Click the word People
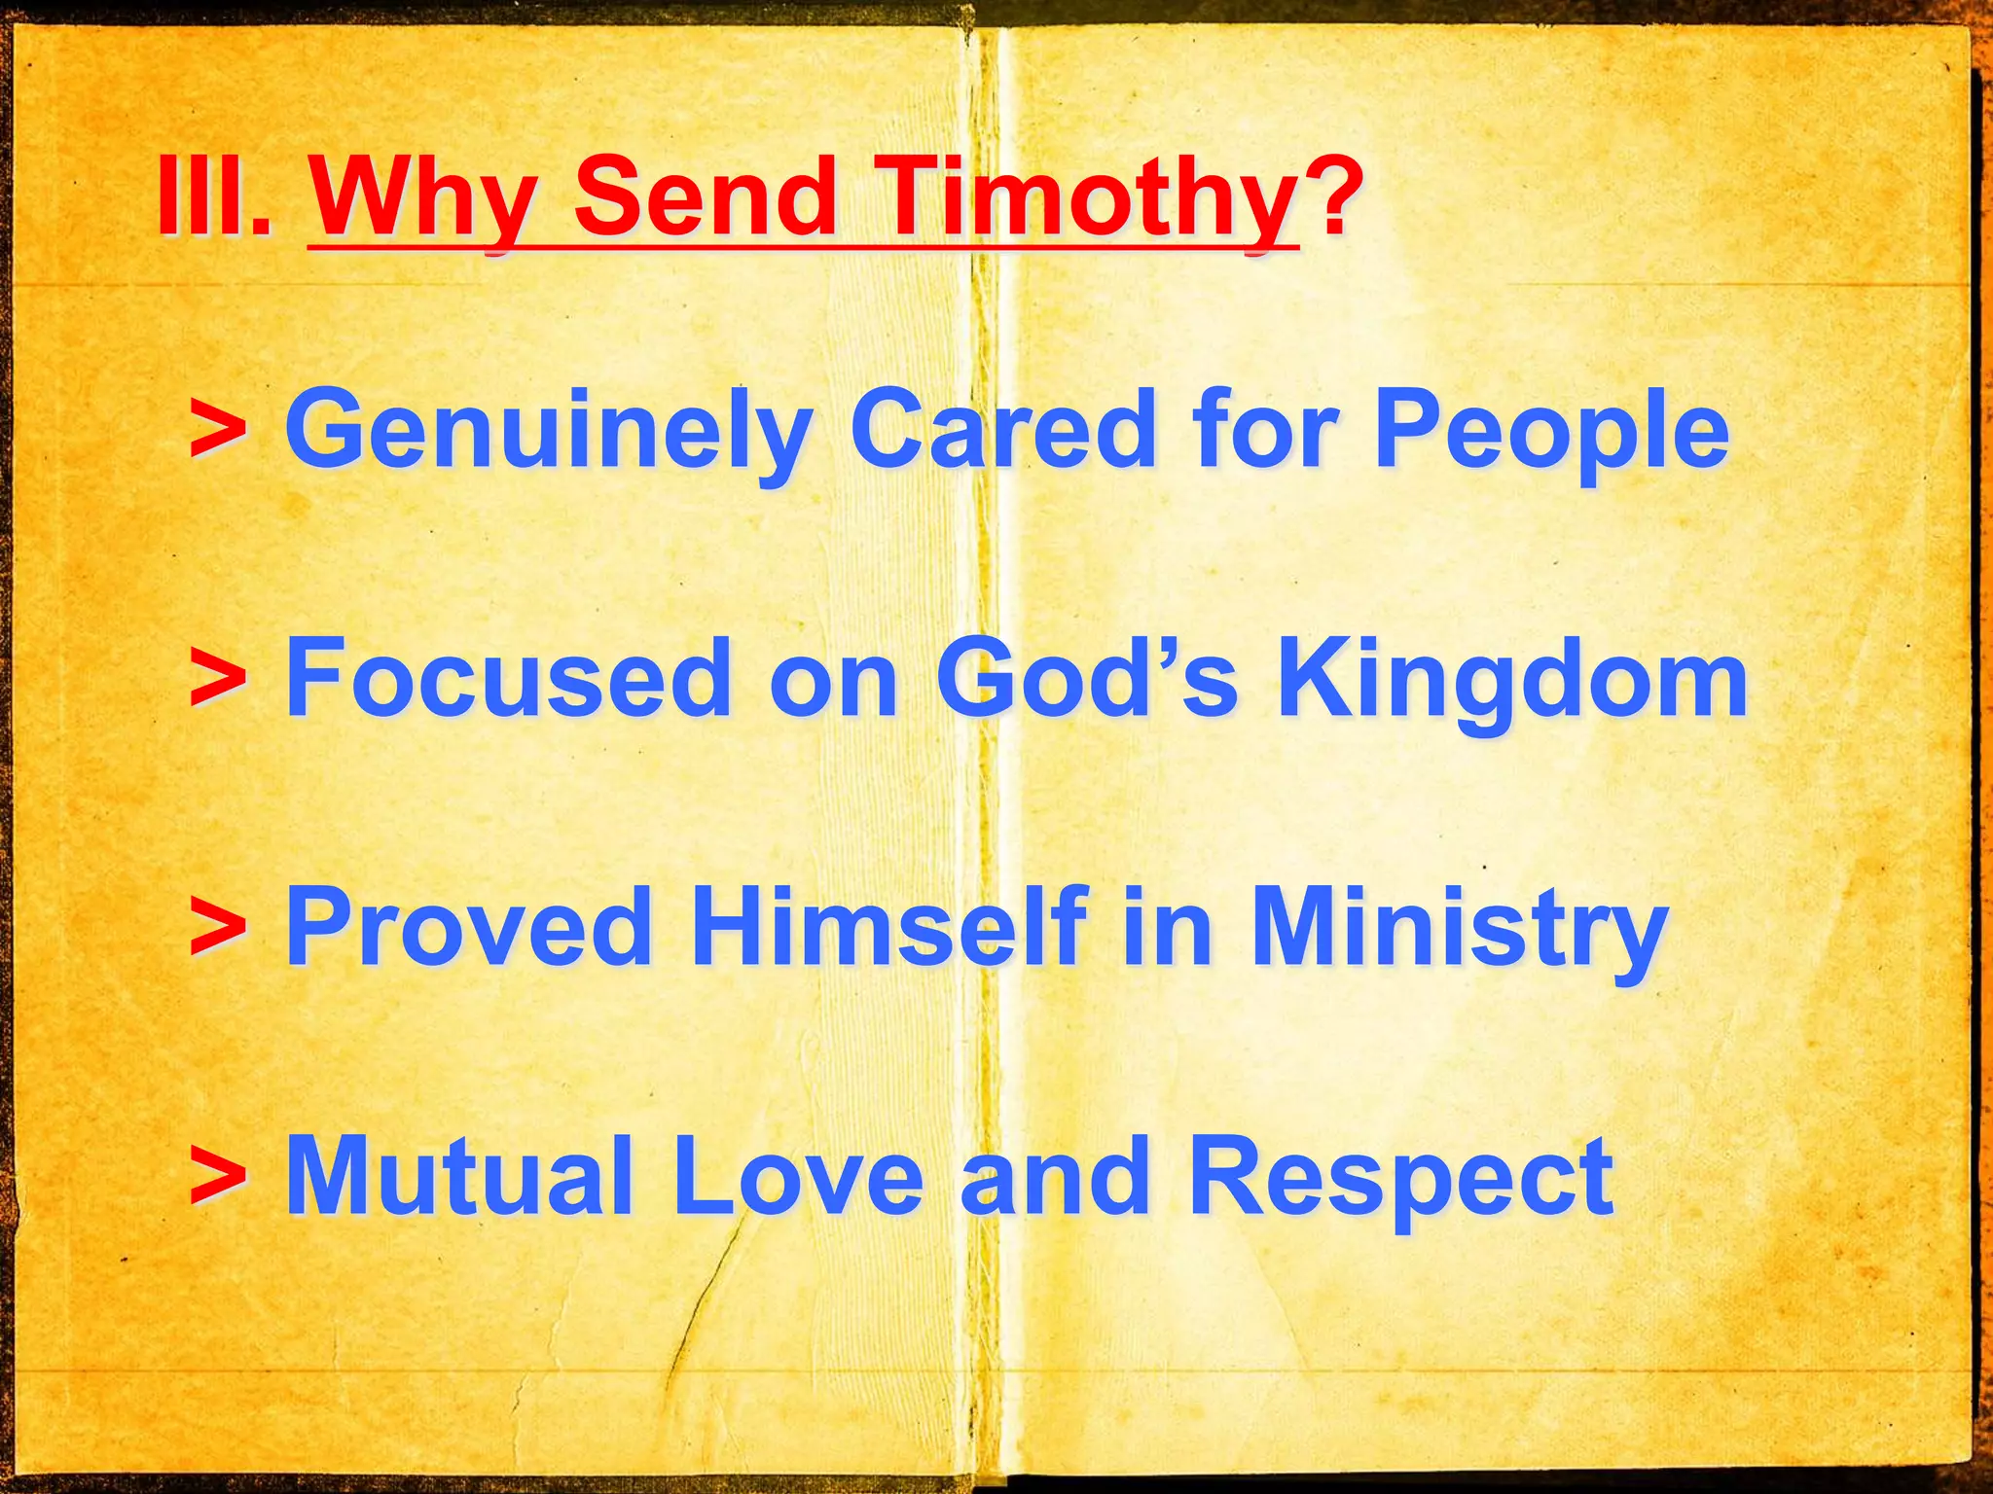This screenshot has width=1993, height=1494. [1551, 431]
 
